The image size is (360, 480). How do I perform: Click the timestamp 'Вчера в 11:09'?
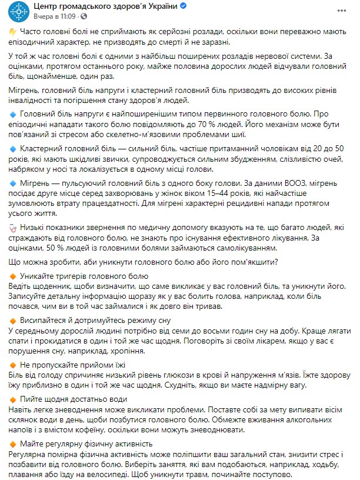pos(54,17)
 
